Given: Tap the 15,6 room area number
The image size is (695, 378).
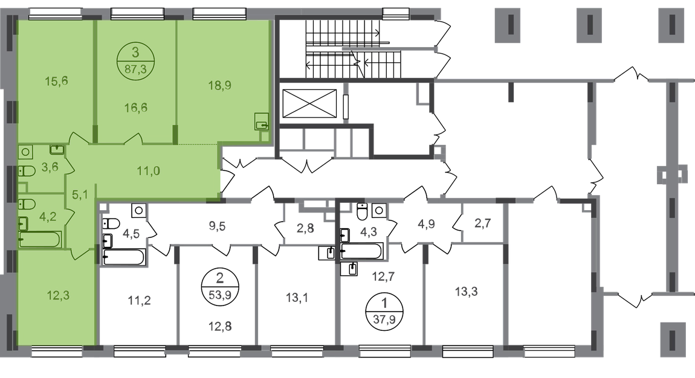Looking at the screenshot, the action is [56, 82].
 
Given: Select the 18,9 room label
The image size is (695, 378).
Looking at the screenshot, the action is [220, 85].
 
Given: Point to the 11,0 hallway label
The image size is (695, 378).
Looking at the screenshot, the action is [149, 170].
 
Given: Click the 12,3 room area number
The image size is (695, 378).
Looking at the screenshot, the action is [58, 295].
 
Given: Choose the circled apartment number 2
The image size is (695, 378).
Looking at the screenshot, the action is [220, 278].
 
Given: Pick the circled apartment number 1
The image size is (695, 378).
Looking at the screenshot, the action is [384, 303].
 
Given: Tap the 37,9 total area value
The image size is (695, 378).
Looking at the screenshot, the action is [384, 319].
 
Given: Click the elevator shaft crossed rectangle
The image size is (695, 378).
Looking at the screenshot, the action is [309, 104].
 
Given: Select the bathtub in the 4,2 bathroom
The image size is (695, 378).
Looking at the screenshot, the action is [40, 240].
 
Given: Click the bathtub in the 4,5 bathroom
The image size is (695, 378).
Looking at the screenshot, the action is [124, 257].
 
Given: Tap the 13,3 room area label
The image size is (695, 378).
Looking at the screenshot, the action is [467, 292].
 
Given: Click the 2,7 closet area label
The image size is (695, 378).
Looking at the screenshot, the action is [482, 223].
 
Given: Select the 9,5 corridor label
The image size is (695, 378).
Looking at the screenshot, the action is [217, 226].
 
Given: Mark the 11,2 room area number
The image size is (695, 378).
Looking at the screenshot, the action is [139, 301].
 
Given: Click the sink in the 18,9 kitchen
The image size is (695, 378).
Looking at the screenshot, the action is [262, 122].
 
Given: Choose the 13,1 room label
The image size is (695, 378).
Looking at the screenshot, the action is [297, 298].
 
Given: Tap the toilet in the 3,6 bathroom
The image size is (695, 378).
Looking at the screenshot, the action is [27, 170].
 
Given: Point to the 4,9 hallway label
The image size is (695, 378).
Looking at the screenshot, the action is [426, 224].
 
